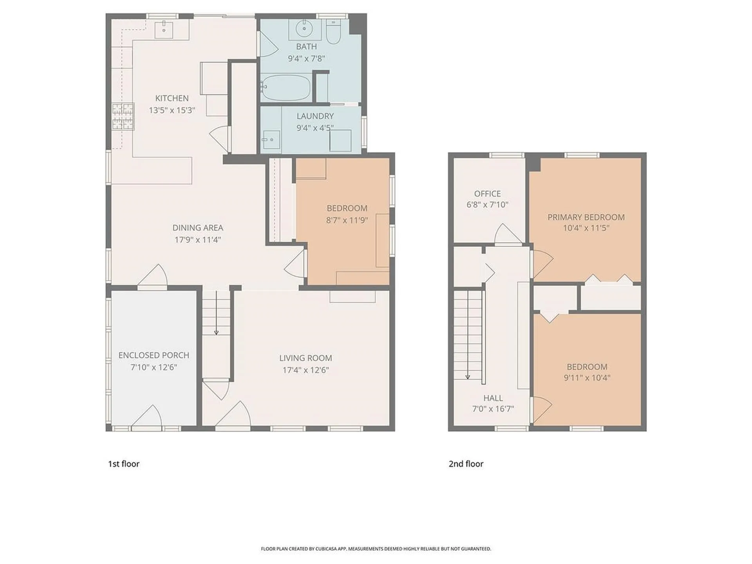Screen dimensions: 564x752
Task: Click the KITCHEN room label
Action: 172,98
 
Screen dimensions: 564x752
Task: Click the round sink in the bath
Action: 304,29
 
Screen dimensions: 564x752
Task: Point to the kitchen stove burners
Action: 123,116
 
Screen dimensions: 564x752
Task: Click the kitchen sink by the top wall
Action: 164,29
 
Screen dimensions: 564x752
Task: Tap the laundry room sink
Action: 270,140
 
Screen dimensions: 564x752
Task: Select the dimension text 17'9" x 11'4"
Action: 198,240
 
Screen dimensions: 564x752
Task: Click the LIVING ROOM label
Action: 305,358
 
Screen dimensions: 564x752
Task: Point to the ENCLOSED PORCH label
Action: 154,355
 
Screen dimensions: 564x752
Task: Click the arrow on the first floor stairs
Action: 216,332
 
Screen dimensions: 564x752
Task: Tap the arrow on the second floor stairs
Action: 468,376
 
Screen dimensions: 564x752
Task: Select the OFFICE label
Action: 487,193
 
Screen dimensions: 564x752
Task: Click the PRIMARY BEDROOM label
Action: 586,217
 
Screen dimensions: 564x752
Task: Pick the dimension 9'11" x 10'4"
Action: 587,378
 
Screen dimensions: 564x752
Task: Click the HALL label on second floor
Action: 493,398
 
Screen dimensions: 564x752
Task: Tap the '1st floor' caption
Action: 124,464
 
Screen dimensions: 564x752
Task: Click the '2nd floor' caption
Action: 466,464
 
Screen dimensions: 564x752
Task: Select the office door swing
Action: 508,234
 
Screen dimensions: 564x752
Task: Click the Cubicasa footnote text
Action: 376,549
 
